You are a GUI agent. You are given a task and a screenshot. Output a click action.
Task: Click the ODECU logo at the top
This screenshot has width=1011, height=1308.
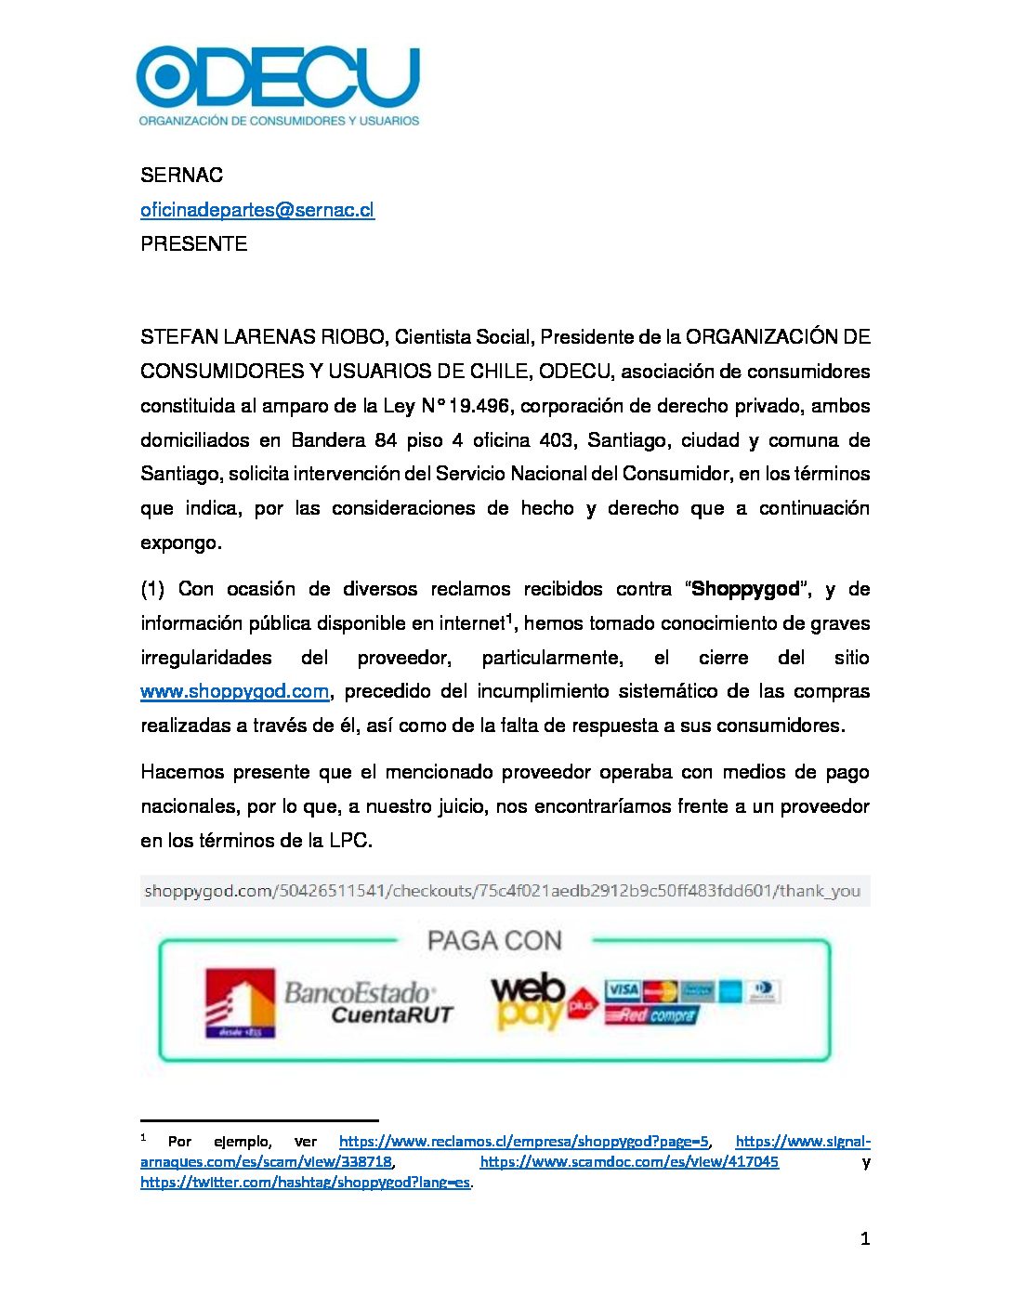pyautogui.click(x=278, y=85)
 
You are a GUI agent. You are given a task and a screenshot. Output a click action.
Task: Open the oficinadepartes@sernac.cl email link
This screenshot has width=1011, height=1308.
pyautogui.click(x=257, y=210)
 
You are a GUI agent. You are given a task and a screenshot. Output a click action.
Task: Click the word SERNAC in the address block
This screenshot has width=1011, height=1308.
pyautogui.click(x=181, y=176)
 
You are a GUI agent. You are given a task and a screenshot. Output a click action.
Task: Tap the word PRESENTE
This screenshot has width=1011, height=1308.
pyautogui.click(x=193, y=244)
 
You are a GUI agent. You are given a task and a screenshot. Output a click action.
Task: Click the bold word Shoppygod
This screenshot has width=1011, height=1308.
pyautogui.click(x=745, y=589)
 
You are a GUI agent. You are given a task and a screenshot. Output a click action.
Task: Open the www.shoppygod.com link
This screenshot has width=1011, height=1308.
pyautogui.click(x=234, y=691)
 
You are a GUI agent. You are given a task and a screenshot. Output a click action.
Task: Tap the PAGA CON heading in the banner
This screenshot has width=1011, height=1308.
pyautogui.click(x=494, y=941)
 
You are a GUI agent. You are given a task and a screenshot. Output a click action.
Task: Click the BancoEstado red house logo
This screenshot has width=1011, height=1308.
pyautogui.click(x=240, y=1002)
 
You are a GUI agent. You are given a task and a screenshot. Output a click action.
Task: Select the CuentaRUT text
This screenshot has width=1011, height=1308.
pyautogui.click(x=391, y=1014)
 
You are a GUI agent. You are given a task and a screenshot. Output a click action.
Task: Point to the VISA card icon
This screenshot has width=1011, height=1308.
pyautogui.click(x=622, y=990)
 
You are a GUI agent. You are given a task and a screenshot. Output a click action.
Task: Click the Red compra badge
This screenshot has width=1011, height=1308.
pyautogui.click(x=650, y=1015)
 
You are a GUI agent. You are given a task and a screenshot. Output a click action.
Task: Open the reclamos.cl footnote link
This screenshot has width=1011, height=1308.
pyautogui.click(x=523, y=1142)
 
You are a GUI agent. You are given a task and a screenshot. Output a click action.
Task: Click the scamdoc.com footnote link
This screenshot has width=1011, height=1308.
pyautogui.click(x=629, y=1162)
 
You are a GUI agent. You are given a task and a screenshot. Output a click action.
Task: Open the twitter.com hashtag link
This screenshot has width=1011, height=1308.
pyautogui.click(x=305, y=1183)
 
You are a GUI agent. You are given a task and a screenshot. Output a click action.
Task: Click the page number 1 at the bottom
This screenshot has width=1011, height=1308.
pyautogui.click(x=865, y=1238)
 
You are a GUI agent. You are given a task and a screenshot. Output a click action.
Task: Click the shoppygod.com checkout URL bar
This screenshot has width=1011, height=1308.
pyautogui.click(x=502, y=891)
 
